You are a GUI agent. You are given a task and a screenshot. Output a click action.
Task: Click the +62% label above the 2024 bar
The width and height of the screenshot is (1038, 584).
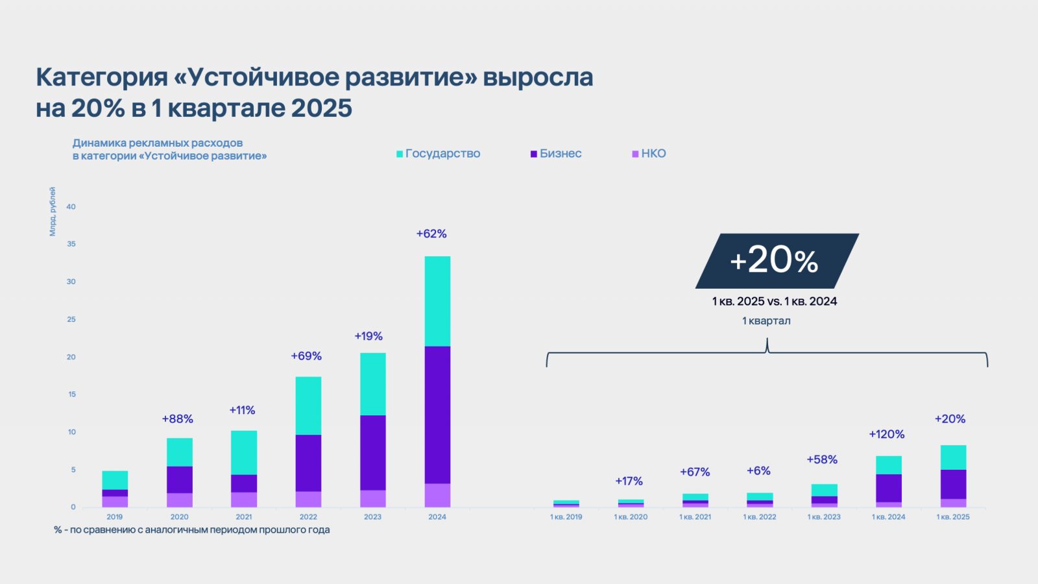click(431, 234)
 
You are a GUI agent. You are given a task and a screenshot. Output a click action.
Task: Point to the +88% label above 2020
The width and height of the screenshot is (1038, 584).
click(178, 419)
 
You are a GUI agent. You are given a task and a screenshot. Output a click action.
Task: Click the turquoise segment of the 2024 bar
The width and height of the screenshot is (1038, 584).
click(437, 301)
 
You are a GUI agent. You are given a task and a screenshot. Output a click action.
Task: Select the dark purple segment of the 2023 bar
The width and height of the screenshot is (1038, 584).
click(373, 452)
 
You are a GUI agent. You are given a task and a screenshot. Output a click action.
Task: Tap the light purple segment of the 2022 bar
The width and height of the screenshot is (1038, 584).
click(308, 499)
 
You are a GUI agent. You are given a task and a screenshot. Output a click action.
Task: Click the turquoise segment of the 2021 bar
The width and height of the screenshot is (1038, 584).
click(244, 452)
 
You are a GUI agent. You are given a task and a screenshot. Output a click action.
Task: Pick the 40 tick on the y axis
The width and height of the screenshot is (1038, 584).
click(71, 207)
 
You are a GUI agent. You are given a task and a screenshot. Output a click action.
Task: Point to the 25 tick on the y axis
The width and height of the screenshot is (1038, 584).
click(71, 319)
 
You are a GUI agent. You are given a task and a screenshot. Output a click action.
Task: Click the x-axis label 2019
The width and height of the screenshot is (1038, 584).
click(115, 517)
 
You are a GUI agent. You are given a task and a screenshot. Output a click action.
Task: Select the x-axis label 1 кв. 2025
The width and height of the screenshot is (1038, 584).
click(953, 517)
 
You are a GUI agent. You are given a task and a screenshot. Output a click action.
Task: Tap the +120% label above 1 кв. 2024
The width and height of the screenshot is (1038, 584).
click(887, 434)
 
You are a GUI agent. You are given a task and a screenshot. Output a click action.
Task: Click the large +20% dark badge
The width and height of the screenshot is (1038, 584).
click(776, 261)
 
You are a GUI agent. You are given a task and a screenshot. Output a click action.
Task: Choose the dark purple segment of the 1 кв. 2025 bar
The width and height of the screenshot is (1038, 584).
click(953, 484)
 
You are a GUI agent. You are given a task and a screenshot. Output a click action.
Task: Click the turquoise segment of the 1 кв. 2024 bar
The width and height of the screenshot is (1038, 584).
click(889, 465)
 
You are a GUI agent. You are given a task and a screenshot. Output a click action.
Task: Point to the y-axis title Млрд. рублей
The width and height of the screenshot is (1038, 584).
click(53, 212)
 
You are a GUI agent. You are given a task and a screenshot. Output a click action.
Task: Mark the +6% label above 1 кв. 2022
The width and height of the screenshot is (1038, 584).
click(758, 471)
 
